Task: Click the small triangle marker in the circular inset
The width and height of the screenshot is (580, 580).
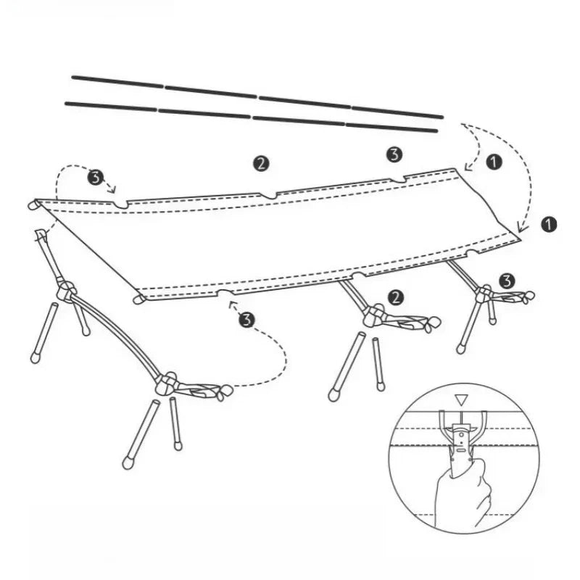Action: [x=461, y=399]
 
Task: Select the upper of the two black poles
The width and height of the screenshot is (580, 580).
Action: [x=257, y=97]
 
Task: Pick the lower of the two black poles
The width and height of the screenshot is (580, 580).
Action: [x=252, y=117]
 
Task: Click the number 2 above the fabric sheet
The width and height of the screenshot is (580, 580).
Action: [x=261, y=163]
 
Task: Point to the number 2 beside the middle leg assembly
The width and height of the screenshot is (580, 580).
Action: [x=396, y=297]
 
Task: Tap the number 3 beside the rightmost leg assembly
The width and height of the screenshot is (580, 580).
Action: [x=507, y=281]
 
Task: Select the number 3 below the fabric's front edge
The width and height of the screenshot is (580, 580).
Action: [x=246, y=320]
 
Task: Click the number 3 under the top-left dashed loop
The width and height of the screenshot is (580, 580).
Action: [x=96, y=178]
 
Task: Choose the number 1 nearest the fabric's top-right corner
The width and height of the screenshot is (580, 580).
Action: [x=494, y=162]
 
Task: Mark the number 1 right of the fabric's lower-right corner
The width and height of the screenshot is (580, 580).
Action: [x=549, y=224]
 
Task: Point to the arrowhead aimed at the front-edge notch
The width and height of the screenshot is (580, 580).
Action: [x=232, y=304]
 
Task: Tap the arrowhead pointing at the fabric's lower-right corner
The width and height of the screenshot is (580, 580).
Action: [x=521, y=226]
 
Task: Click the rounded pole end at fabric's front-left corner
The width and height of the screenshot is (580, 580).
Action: [x=139, y=299]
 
